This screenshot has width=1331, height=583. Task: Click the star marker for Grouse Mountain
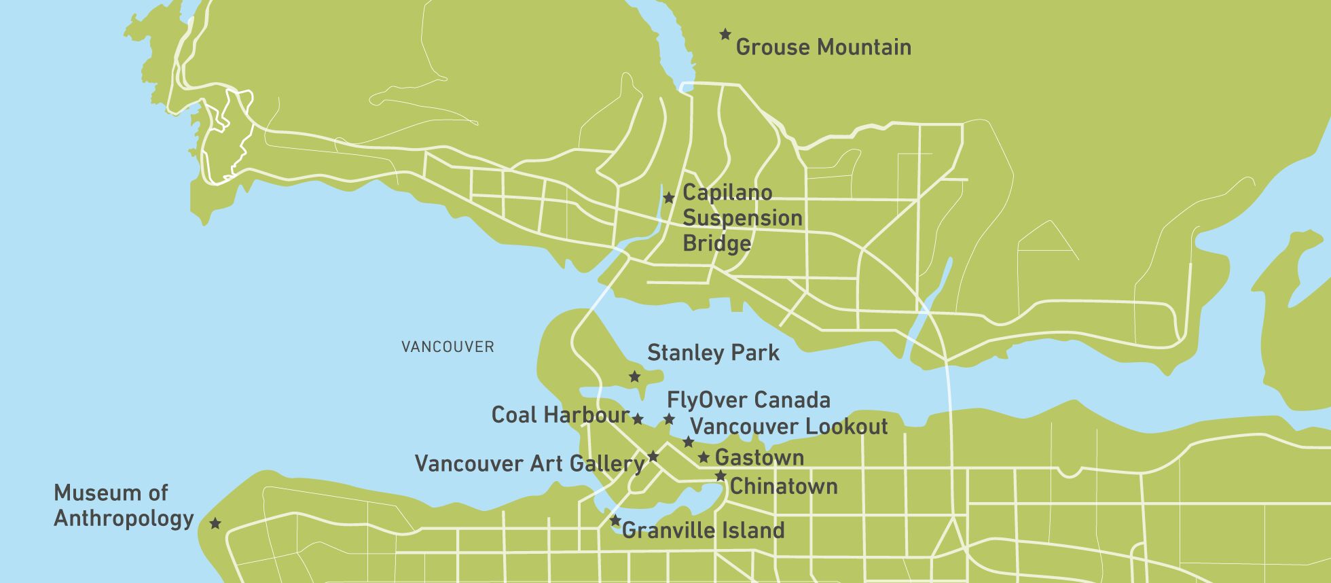[725, 34]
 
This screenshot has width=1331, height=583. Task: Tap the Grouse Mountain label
[823, 48]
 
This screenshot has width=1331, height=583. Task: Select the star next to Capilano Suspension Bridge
[669, 198]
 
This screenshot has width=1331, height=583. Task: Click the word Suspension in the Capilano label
[742, 218]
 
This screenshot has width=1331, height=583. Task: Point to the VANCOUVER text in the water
[448, 347]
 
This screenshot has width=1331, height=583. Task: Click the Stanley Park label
[713, 353]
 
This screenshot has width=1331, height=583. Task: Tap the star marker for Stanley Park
[635, 376]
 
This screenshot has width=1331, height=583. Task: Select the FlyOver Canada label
[748, 400]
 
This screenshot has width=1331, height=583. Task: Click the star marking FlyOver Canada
[669, 419]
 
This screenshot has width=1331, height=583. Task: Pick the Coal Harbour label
[560, 415]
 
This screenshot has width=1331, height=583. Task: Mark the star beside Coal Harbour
[638, 419]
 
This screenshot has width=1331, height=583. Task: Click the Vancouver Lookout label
[789, 427]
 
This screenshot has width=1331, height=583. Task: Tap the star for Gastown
[704, 457]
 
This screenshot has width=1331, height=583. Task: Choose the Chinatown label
[784, 487]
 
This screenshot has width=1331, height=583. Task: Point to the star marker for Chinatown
[721, 476]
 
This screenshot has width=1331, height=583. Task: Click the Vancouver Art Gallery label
[530, 464]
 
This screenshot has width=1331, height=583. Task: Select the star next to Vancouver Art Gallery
[653, 456]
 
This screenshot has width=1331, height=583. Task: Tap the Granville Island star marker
[615, 521]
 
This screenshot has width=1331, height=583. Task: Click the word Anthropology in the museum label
[124, 518]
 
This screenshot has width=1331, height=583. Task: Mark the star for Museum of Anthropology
[215, 523]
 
